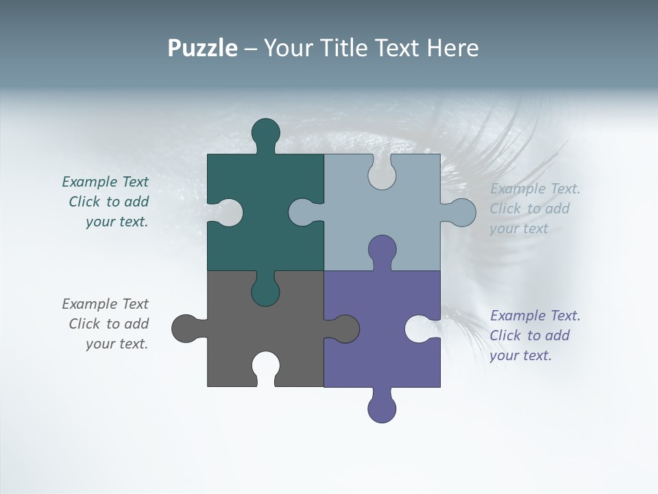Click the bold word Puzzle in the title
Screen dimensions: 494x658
(x=203, y=49)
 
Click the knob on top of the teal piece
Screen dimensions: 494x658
(x=265, y=132)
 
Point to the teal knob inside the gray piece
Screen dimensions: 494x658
(x=265, y=292)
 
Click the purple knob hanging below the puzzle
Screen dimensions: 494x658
(x=382, y=409)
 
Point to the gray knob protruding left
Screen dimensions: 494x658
(x=185, y=329)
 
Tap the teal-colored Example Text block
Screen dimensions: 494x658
(x=106, y=202)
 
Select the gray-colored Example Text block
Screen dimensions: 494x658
(x=106, y=324)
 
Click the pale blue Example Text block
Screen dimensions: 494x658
(x=535, y=209)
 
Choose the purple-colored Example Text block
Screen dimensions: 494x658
(x=535, y=336)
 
